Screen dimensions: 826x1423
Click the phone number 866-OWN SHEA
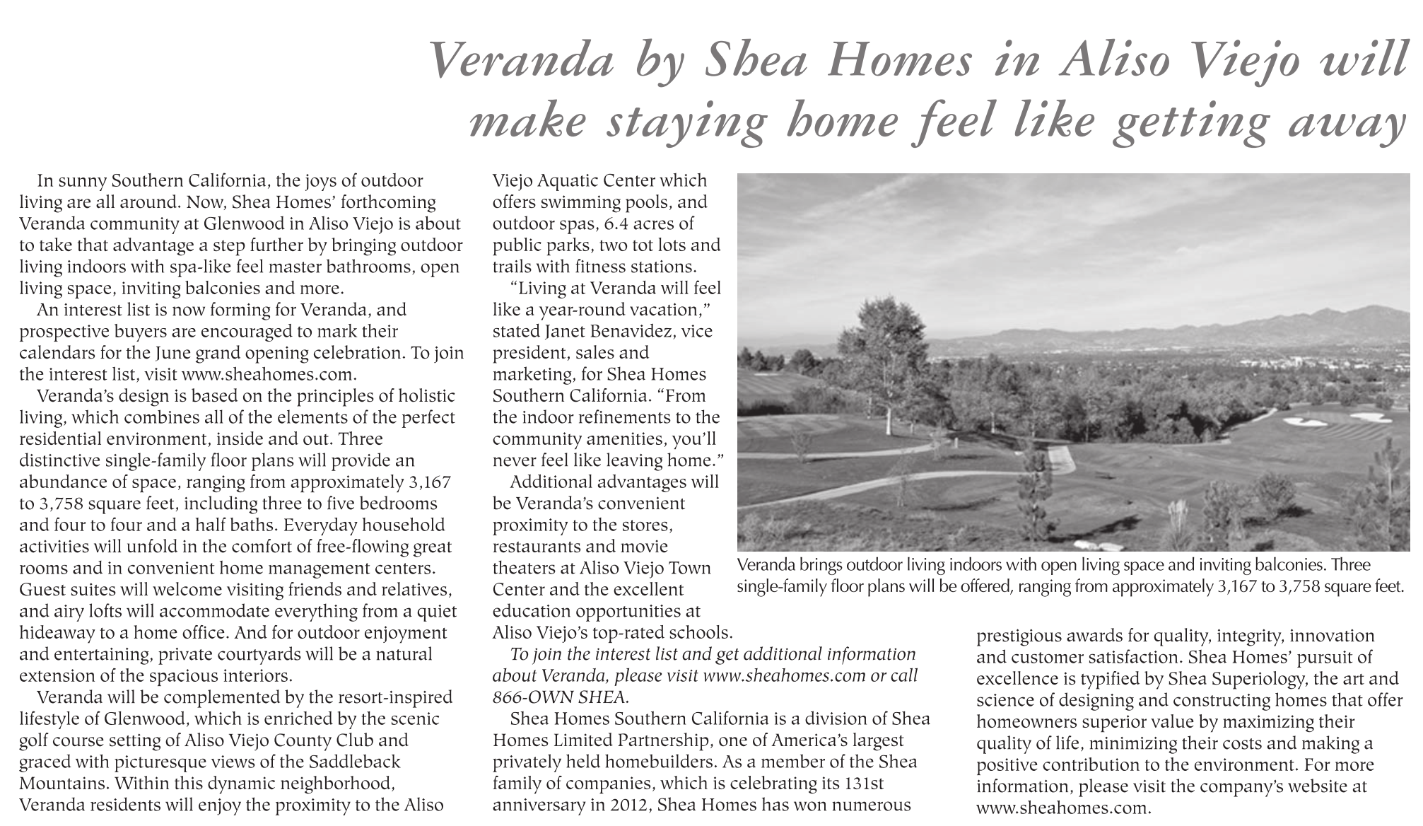click(x=559, y=697)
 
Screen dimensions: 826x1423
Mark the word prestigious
click(x=1021, y=635)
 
